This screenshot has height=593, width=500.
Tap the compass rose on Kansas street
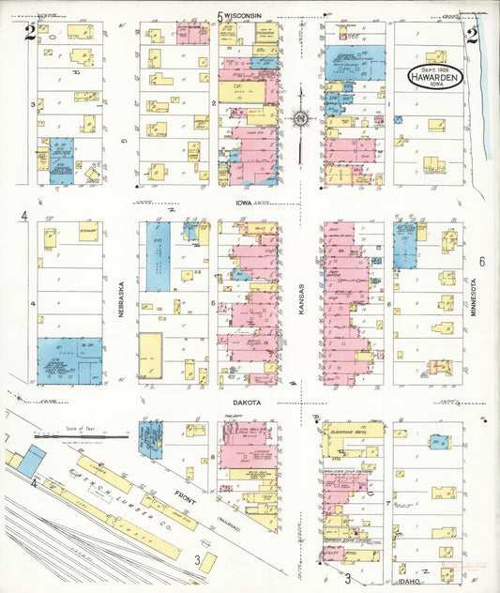pos(300,118)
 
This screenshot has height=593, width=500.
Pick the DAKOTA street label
pos(248,402)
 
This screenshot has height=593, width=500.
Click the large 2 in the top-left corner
pos(31,35)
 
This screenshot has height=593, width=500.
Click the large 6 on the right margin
pos(481,262)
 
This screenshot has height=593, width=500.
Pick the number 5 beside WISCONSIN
pos(220,16)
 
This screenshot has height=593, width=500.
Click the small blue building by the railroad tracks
pos(31,460)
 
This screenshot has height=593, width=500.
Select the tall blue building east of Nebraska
pos(159,256)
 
